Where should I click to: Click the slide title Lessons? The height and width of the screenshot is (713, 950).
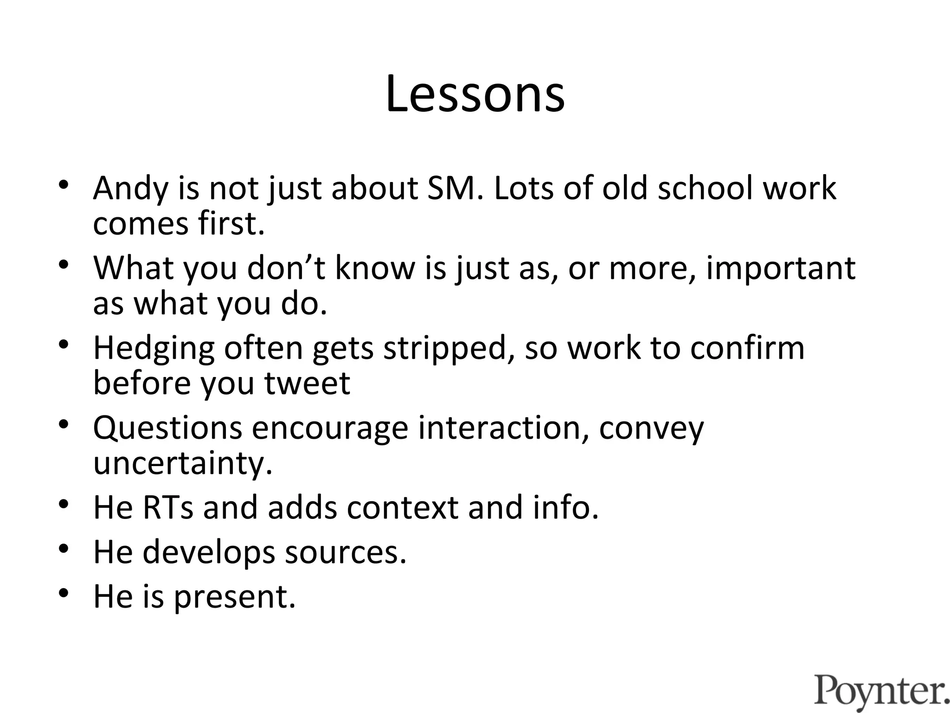(x=475, y=94)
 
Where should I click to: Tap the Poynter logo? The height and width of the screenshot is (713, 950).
(x=881, y=690)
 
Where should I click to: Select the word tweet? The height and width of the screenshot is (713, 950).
(x=307, y=383)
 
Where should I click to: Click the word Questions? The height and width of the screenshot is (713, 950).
(x=167, y=428)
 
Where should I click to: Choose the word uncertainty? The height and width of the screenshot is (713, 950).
(x=183, y=463)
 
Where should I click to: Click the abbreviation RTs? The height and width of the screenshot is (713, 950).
(x=168, y=507)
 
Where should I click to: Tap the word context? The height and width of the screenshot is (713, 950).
(x=402, y=507)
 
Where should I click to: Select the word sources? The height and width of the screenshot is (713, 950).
(x=346, y=552)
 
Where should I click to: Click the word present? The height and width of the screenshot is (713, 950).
(x=235, y=596)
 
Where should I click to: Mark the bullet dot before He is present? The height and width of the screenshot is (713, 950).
(x=64, y=593)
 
